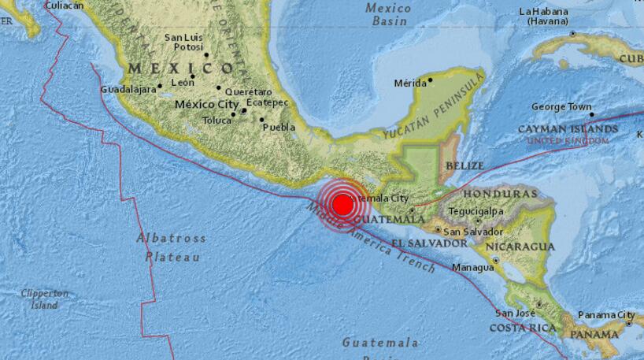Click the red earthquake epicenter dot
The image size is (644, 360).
pyautogui.click(x=342, y=206)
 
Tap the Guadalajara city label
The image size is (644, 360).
pyautogui.click(x=127, y=90)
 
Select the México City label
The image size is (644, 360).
pyautogui.click(x=206, y=104)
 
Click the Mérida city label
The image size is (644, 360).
pyautogui.click(x=409, y=83)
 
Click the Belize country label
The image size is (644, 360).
pyautogui.click(x=463, y=166)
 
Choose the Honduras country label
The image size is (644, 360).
pyautogui.click(x=499, y=194)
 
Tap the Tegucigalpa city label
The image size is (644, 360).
pyautogui.click(x=475, y=211)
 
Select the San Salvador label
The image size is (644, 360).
pyautogui.click(x=473, y=232)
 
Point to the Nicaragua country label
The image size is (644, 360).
pyautogui.click(x=520, y=247)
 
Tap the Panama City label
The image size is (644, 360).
pyautogui.click(x=606, y=316)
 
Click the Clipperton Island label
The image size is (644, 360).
pyautogui.click(x=44, y=299)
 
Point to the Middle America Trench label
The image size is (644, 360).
pyautogui.click(x=369, y=237)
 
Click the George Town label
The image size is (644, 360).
pyautogui.click(x=561, y=106)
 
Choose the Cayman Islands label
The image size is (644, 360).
pyautogui.click(x=567, y=128)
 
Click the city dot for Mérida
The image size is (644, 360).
pyautogui.click(x=430, y=80)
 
